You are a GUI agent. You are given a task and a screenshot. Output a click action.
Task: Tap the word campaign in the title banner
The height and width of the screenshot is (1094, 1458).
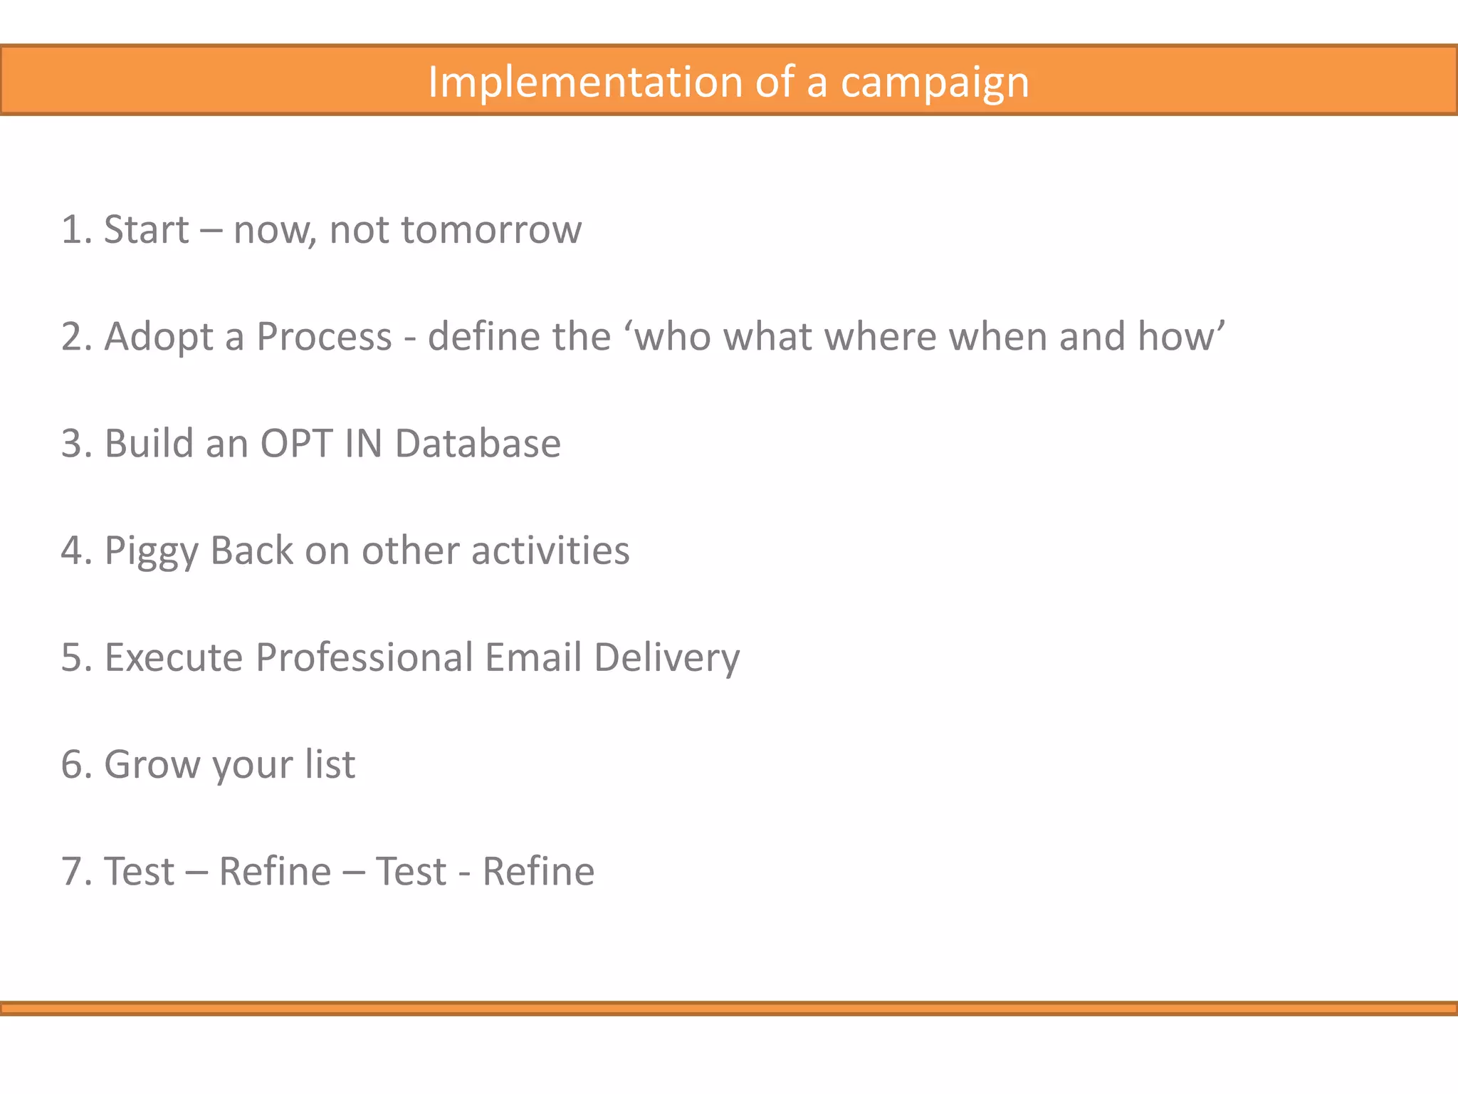tap(935, 83)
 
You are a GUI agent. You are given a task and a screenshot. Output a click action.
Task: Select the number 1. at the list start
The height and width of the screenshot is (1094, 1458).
tap(77, 230)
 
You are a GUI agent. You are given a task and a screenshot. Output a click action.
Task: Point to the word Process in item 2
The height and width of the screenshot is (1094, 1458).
tap(324, 336)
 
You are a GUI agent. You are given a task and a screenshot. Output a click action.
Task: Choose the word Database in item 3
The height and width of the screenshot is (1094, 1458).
tap(478, 443)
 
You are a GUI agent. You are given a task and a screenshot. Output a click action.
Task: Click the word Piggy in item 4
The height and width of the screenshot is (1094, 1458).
tap(149, 551)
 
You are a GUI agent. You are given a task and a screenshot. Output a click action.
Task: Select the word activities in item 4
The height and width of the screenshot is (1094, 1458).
tap(550, 550)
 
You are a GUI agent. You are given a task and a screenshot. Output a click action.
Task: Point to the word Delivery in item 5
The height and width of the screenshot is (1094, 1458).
tap(666, 658)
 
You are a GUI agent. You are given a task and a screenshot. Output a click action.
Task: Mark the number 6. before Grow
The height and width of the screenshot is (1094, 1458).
tap(77, 764)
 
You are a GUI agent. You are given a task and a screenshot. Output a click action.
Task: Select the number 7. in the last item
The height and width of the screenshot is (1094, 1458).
tap(77, 871)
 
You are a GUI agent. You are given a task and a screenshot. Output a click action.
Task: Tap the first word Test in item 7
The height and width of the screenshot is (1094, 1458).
tap(139, 871)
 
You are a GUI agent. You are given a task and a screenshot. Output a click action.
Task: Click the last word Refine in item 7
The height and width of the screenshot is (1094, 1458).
tap(538, 871)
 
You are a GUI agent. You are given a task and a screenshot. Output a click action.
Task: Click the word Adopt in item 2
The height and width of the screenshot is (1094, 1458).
tap(158, 338)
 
